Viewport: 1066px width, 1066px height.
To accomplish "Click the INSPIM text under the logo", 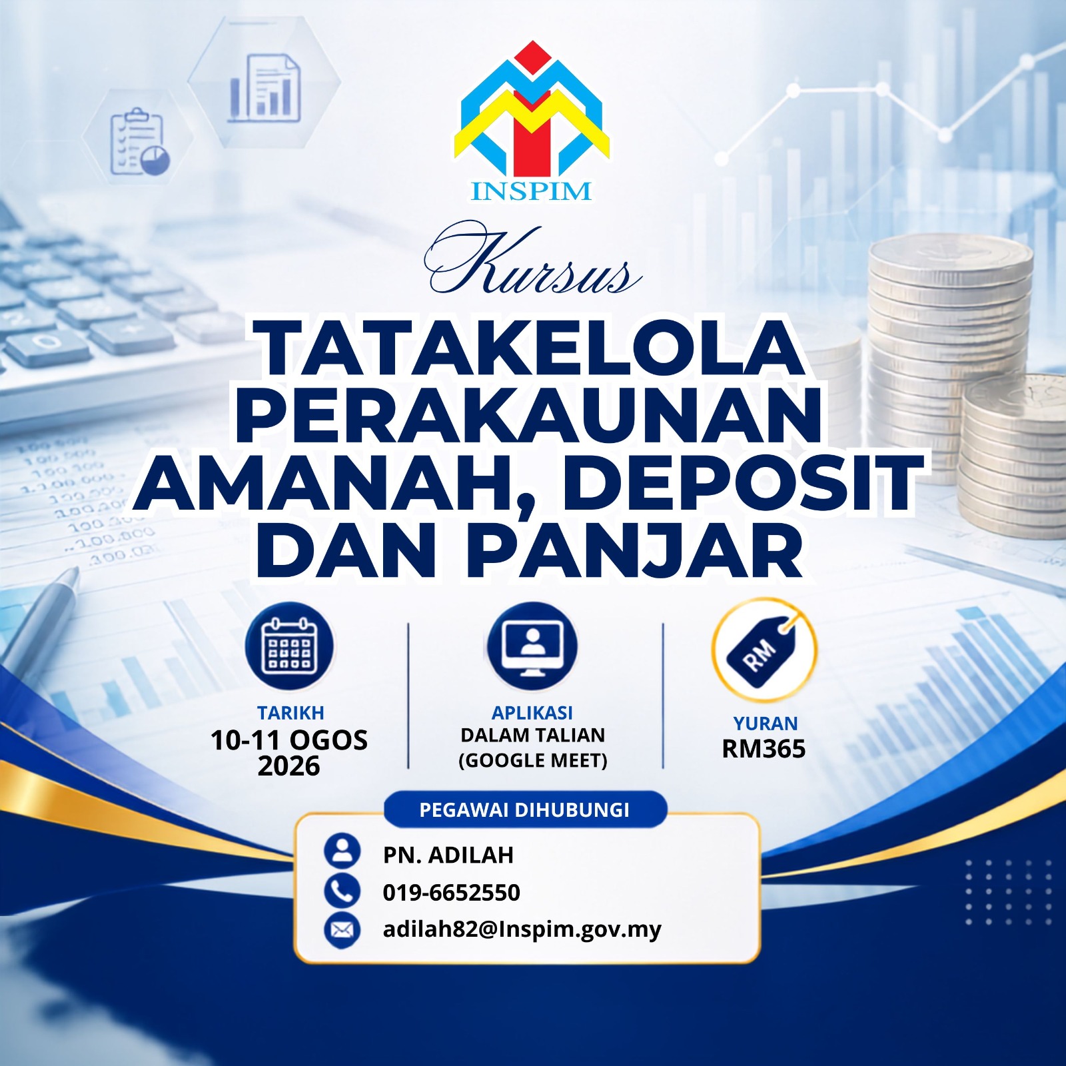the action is [x=531, y=191].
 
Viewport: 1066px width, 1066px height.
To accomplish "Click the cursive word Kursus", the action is [x=533, y=261].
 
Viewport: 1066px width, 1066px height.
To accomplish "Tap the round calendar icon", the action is [x=289, y=646].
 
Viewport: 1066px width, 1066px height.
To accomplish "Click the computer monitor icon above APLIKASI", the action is [x=532, y=646].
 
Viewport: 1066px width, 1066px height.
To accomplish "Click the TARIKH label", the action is [x=290, y=713].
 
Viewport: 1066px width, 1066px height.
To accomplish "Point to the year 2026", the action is [x=288, y=766].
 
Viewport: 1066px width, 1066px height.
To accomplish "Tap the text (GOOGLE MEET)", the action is [x=533, y=760].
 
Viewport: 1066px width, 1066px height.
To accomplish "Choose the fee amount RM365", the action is [x=764, y=749].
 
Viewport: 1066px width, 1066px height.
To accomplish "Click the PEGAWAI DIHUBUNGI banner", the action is [x=525, y=809].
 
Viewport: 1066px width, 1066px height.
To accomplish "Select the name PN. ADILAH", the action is [x=448, y=855].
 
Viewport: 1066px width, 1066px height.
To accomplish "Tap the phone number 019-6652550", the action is [x=452, y=892].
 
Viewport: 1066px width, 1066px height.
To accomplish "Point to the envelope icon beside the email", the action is [x=342, y=929].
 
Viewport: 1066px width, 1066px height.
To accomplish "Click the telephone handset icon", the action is [x=342, y=891].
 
